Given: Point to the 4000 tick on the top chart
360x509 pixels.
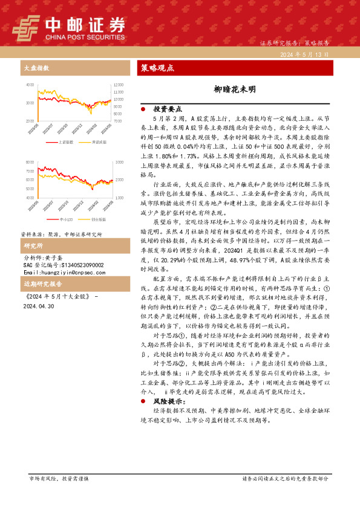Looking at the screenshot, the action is pyautogui.click(x=30, y=85).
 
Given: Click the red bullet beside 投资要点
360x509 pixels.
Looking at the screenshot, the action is pyautogui.click(x=142, y=109).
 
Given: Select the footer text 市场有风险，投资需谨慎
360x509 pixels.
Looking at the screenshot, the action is pyautogui.click(x=59, y=478).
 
